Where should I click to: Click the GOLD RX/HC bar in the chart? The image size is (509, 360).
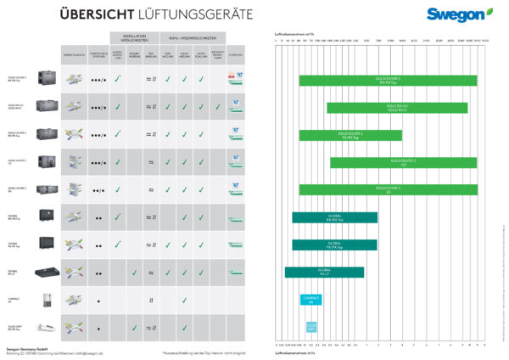[x=397, y=108]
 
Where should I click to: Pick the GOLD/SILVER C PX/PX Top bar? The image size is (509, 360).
[x=350, y=135]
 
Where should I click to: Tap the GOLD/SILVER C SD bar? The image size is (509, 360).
[x=387, y=189]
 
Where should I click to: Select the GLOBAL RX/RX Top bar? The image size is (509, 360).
[x=334, y=217]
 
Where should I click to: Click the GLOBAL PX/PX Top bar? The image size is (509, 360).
[x=334, y=245]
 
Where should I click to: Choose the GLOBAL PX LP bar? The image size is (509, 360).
[x=324, y=272]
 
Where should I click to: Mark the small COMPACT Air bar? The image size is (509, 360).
[x=310, y=300]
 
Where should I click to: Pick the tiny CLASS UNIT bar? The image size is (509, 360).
[x=310, y=327]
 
